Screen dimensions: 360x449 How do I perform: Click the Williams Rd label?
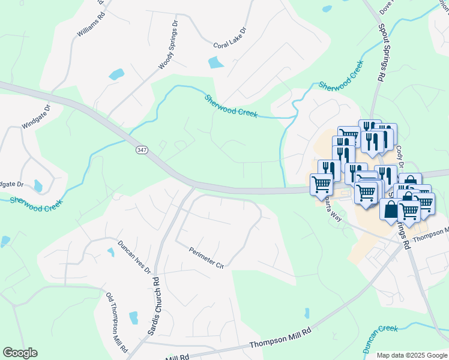pyautogui.click(x=91, y=25)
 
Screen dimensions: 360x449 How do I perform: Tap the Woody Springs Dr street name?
pyautogui.click(x=168, y=45)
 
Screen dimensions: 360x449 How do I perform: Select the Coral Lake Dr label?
pyautogui.click(x=230, y=37)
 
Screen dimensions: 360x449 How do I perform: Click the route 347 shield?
pyautogui.click(x=141, y=149)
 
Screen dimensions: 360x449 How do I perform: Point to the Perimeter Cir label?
pyautogui.click(x=206, y=259)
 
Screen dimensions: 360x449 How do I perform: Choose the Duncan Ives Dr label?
pyautogui.click(x=134, y=257)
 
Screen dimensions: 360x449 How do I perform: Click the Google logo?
pyautogui.click(x=20, y=353)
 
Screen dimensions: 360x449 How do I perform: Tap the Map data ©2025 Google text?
pyautogui.click(x=412, y=355)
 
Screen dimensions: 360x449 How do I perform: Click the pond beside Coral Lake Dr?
pyautogui.click(x=215, y=62)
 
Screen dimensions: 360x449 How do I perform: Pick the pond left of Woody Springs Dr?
pyautogui.click(x=116, y=75)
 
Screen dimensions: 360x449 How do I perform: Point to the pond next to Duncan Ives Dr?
pyautogui.click(x=111, y=253)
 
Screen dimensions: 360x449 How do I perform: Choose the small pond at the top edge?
pyautogui.click(x=327, y=9)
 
